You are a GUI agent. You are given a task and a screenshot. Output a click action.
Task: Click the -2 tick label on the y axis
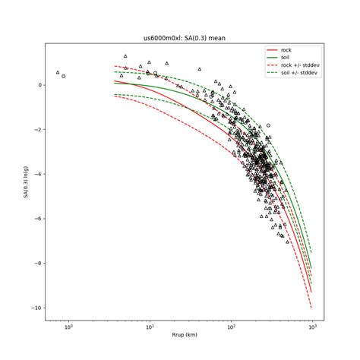[37, 130]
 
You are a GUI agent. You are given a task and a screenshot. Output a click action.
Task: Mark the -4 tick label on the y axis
[37, 174]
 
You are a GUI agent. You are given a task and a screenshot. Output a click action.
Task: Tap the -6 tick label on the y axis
[37, 219]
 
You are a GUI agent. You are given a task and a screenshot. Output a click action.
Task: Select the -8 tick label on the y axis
[37, 264]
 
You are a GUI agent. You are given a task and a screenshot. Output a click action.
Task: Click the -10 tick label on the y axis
[36, 308]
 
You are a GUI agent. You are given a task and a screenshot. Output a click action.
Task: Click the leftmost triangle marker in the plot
[58, 73]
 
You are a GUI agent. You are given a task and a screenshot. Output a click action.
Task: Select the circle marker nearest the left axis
[63, 76]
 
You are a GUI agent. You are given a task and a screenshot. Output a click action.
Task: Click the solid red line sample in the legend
[273, 49]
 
